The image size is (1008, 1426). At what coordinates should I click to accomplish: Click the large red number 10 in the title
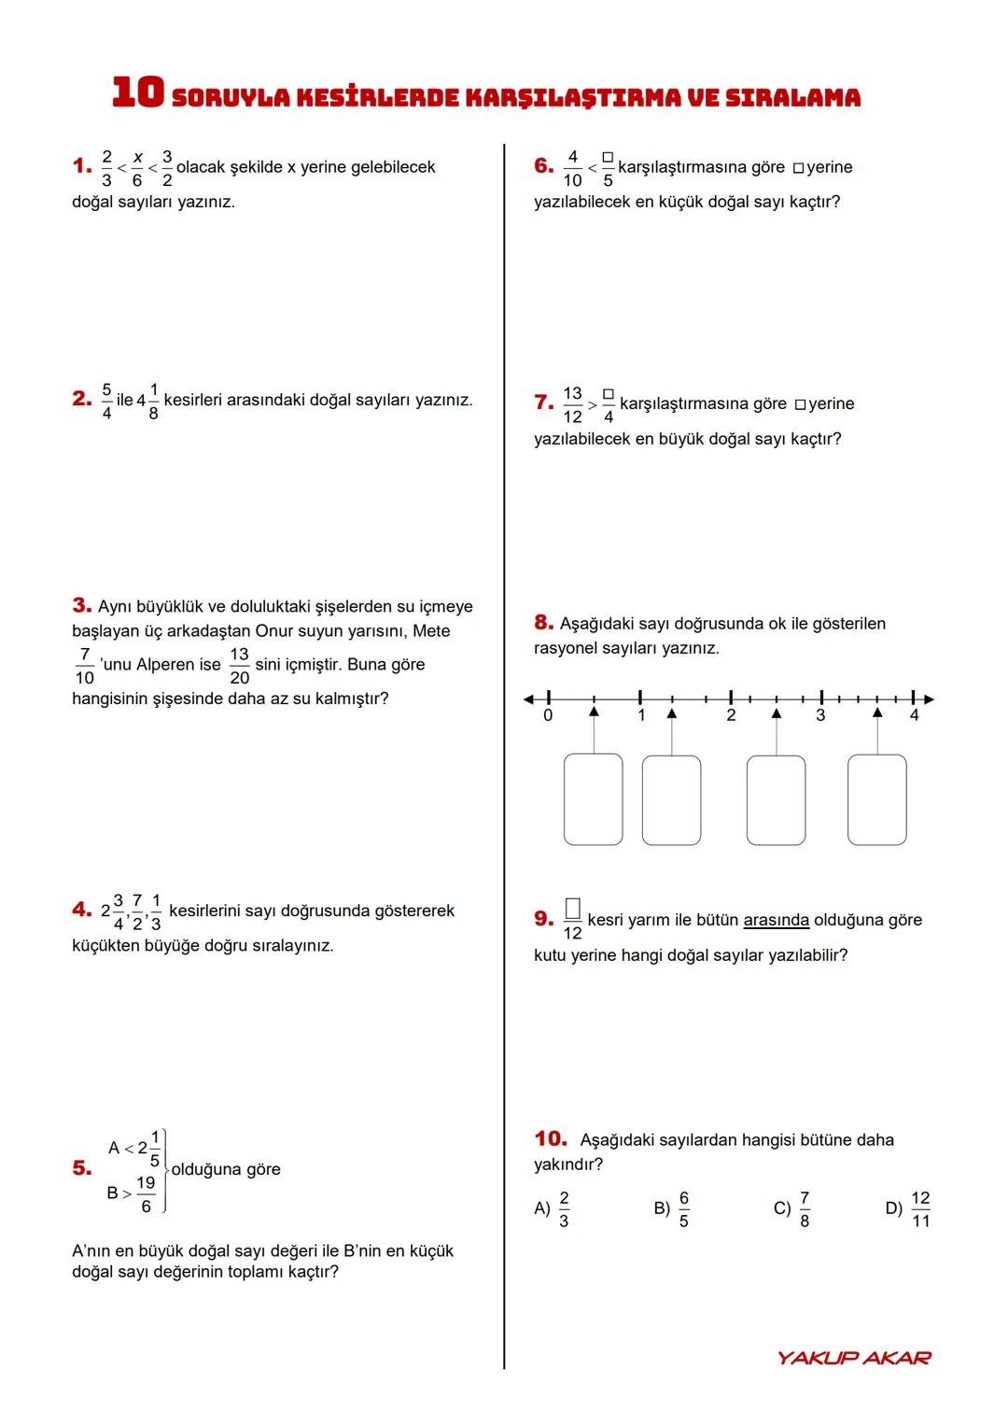pyautogui.click(x=137, y=92)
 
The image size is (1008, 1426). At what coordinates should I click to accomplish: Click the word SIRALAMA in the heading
pyautogui.click(x=792, y=97)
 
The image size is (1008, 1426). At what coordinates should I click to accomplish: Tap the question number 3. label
pyautogui.click(x=81, y=606)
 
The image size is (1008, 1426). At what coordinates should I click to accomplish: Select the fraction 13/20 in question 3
pyautogui.click(x=239, y=665)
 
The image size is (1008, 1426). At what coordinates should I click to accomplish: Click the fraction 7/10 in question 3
pyautogui.click(x=85, y=665)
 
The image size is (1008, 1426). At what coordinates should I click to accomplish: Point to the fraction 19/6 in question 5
pyautogui.click(x=146, y=1193)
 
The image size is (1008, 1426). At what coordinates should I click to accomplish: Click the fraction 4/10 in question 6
pyautogui.click(x=572, y=168)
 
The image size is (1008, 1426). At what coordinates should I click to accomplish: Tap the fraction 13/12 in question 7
pyautogui.click(x=572, y=404)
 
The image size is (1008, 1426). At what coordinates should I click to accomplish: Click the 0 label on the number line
pyautogui.click(x=548, y=715)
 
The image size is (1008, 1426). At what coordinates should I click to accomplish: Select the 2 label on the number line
pyautogui.click(x=731, y=715)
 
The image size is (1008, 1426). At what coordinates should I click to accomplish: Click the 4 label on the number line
pyautogui.click(x=914, y=715)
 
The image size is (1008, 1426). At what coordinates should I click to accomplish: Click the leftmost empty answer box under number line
pyautogui.click(x=593, y=799)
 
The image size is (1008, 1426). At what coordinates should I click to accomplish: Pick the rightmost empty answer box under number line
pyautogui.click(x=876, y=799)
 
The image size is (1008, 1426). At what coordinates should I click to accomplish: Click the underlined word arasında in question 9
pyautogui.click(x=776, y=920)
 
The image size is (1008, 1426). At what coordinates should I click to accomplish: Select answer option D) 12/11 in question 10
pyautogui.click(x=908, y=1209)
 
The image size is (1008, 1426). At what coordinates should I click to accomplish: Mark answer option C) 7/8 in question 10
pyautogui.click(x=792, y=1209)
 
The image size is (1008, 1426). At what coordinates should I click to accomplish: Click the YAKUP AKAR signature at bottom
pyautogui.click(x=853, y=1357)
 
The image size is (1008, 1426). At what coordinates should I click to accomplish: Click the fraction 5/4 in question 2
pyautogui.click(x=106, y=401)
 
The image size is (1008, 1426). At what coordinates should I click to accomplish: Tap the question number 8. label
pyautogui.click(x=543, y=623)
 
